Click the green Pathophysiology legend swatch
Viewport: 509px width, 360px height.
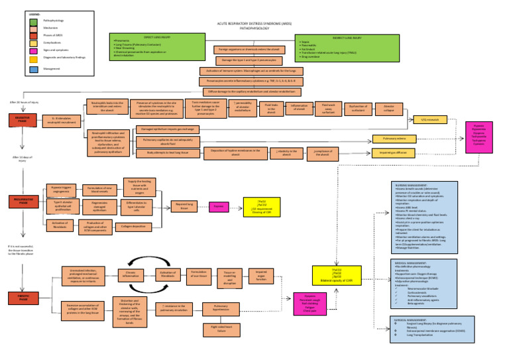click(x=33, y=21)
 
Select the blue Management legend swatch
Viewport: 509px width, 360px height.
click(x=33, y=68)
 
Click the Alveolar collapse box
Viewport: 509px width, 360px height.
click(x=388, y=107)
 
